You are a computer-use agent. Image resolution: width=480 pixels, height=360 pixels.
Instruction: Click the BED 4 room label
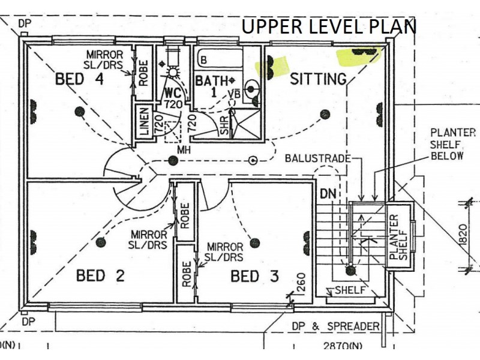point(79,79)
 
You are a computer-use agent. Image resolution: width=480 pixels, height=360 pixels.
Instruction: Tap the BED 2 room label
point(100,275)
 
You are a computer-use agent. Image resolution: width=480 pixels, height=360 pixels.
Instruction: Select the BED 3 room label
point(254,276)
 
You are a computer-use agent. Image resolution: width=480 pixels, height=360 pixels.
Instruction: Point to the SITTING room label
point(318,79)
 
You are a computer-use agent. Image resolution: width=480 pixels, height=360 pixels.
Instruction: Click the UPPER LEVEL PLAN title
point(329,26)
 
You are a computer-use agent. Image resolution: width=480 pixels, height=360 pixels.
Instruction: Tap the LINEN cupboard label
point(144,122)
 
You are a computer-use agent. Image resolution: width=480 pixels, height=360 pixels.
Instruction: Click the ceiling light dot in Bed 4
point(80,112)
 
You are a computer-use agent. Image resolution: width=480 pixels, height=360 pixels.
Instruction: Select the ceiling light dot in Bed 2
point(101,242)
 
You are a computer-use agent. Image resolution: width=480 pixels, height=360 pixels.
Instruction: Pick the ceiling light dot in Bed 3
point(254,244)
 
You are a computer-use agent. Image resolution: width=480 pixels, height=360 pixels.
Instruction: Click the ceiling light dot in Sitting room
point(325,115)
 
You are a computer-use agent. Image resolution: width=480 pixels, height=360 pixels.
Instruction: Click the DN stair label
point(328,194)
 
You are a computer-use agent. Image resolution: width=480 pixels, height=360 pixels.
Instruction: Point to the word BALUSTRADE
point(318,158)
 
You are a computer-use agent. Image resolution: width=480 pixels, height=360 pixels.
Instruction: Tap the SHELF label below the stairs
point(350,290)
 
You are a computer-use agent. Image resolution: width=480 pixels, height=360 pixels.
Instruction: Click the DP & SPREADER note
point(336,326)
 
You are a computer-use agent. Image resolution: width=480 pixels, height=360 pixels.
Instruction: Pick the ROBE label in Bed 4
point(143,73)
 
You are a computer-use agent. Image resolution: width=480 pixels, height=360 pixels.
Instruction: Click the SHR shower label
point(224,125)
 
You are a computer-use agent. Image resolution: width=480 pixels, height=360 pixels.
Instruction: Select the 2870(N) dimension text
point(343,346)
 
